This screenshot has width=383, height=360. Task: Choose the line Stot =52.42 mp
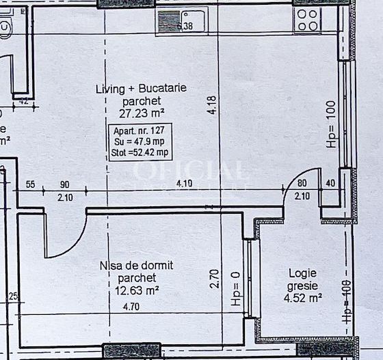[x=137, y=152]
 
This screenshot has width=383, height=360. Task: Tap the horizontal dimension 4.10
[x=184, y=183]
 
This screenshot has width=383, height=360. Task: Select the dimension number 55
[x=31, y=184]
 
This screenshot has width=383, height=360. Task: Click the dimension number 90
[x=66, y=184]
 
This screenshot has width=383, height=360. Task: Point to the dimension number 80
[x=302, y=184]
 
